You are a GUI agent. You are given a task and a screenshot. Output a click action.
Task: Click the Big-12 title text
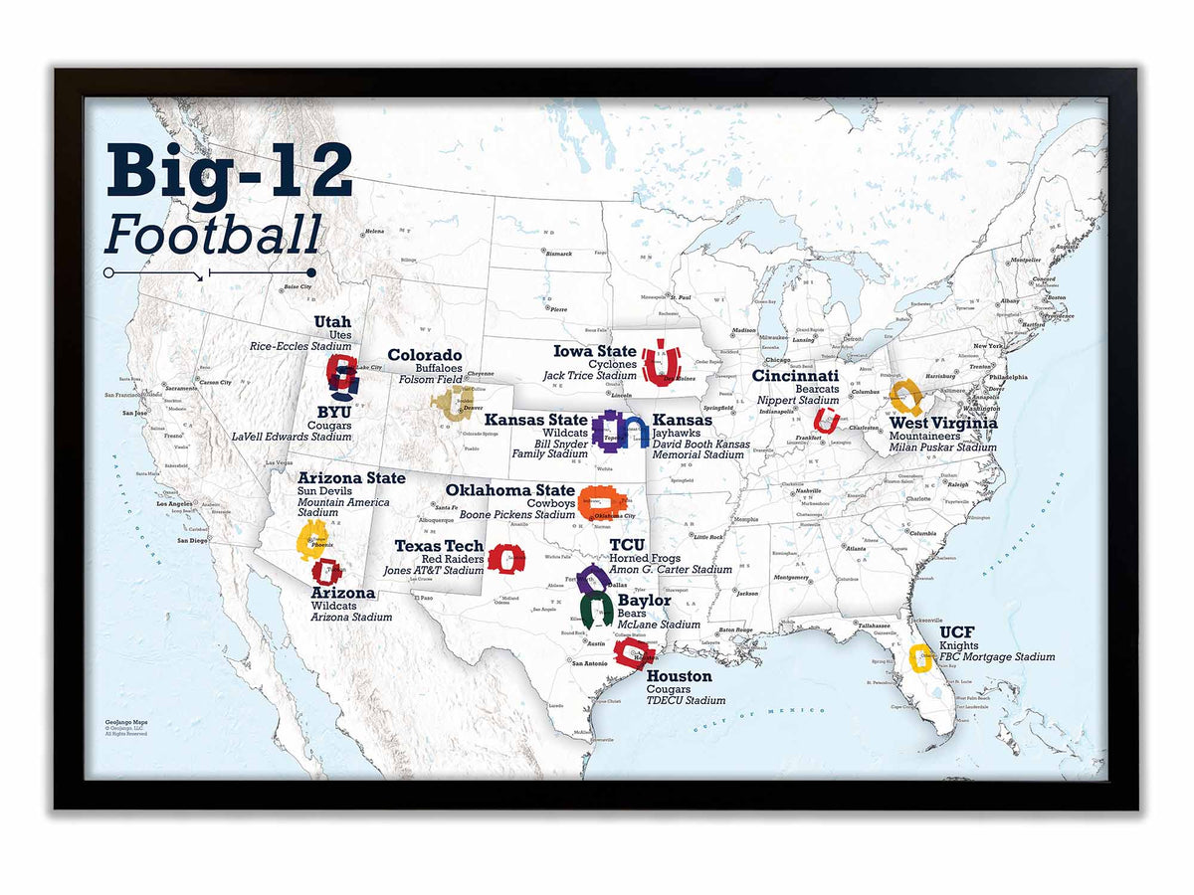tap(229, 175)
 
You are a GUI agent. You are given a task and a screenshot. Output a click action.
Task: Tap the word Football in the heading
tap(213, 237)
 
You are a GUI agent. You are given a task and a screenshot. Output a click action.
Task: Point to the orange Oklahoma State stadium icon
tap(602, 503)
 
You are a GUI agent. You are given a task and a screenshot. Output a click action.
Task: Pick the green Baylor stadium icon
tap(597, 609)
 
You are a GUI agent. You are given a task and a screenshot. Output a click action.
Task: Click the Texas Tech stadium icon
tap(505, 559)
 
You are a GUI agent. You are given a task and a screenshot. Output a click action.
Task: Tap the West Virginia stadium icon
tap(906, 397)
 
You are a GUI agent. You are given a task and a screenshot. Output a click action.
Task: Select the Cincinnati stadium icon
tap(826, 420)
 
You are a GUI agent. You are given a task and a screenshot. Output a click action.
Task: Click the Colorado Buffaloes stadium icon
tap(448, 402)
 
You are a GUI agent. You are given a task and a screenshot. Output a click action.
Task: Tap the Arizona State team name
tap(351, 478)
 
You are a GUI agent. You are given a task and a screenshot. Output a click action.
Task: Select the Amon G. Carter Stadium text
tap(671, 570)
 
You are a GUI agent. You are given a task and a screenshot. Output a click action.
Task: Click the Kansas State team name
tap(536, 420)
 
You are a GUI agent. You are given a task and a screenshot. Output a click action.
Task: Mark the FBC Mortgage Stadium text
tap(997, 656)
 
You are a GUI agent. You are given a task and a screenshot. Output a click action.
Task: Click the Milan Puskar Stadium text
tap(942, 447)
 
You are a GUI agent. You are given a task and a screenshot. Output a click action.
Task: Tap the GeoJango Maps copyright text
tap(126, 728)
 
